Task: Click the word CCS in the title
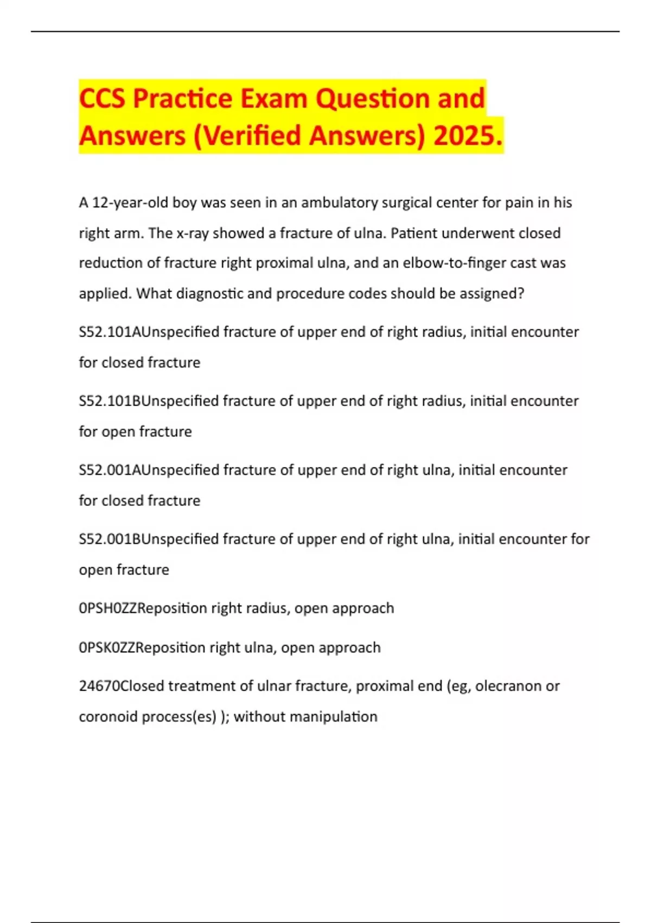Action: pos(103,99)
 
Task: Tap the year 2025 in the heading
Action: pos(468,136)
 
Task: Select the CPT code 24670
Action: pos(99,686)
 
